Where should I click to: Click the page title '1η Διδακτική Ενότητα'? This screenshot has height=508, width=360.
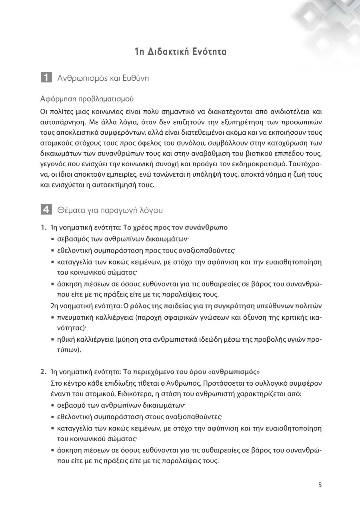(x=180, y=52)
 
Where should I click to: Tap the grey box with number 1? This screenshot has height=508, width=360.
(x=46, y=78)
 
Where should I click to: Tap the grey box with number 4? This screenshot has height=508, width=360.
(x=46, y=209)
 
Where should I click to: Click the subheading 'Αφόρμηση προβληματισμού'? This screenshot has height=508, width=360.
(x=87, y=98)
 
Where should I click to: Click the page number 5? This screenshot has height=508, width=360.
(x=320, y=485)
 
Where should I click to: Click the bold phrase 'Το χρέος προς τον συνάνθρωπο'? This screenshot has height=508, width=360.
(x=175, y=227)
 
